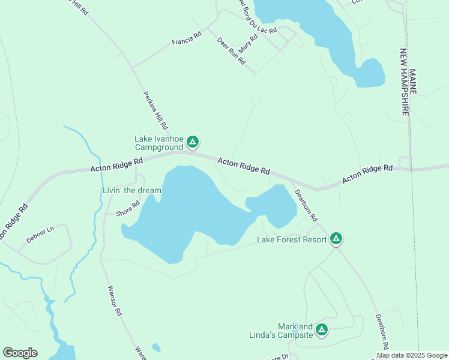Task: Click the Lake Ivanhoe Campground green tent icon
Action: pyautogui.click(x=193, y=142)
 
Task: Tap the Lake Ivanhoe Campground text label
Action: pyautogui.click(x=158, y=143)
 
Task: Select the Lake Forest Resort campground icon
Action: pyautogui.click(x=337, y=239)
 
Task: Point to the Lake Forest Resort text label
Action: pyautogui.click(x=292, y=239)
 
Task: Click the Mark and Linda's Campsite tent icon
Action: pyautogui.click(x=322, y=329)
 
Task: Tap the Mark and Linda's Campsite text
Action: pyautogui.click(x=282, y=331)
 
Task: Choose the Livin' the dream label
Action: pyautogui.click(x=131, y=190)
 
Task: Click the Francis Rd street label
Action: pyautogui.click(x=185, y=41)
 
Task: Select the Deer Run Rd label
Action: pyautogui.click(x=231, y=51)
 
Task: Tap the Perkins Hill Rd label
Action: pyautogui.click(x=154, y=110)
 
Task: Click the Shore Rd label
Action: pyautogui.click(x=127, y=208)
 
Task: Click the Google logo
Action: pyautogui.click(x=20, y=353)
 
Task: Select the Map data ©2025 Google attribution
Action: pyautogui.click(x=412, y=355)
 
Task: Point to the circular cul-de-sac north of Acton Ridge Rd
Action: pyautogui.click(x=256, y=101)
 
